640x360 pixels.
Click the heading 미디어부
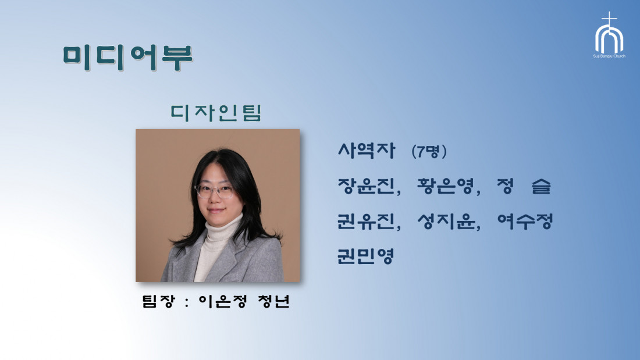pos(128,57)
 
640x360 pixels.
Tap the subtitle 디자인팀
pos(215,113)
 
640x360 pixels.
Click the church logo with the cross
pos(609,32)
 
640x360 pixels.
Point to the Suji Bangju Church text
pos(609,56)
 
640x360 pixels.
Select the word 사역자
pos(366,150)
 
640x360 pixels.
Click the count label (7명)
pos(429,151)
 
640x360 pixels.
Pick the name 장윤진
pos(366,186)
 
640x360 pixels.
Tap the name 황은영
pos(445,186)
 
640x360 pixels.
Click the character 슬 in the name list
pos(541,186)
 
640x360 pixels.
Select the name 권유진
pos(366,221)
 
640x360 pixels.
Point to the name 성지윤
pos(446,221)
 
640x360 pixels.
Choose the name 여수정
pos(525,221)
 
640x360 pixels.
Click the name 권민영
pos(365,256)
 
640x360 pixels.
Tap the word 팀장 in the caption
pos(158,301)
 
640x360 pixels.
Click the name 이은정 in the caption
pos(223,301)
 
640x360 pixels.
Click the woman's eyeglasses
pos(214,191)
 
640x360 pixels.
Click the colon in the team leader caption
pos(187,302)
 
